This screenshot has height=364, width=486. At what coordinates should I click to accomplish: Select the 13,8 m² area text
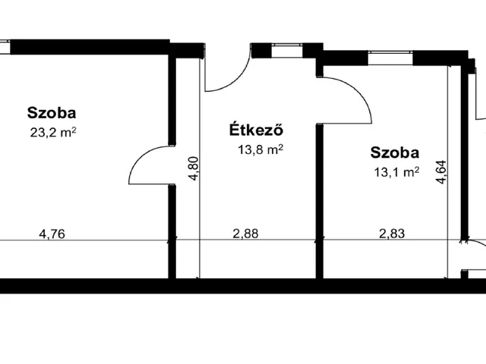[260, 149]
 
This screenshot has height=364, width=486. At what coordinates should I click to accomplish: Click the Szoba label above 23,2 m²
[52, 114]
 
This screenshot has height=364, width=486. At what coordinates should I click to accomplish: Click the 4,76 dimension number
[52, 234]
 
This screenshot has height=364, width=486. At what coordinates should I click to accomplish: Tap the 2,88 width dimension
[245, 234]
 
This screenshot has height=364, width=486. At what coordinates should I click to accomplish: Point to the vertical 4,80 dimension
[194, 167]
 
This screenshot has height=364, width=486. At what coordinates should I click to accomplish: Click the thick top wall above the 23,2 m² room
[91, 45]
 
